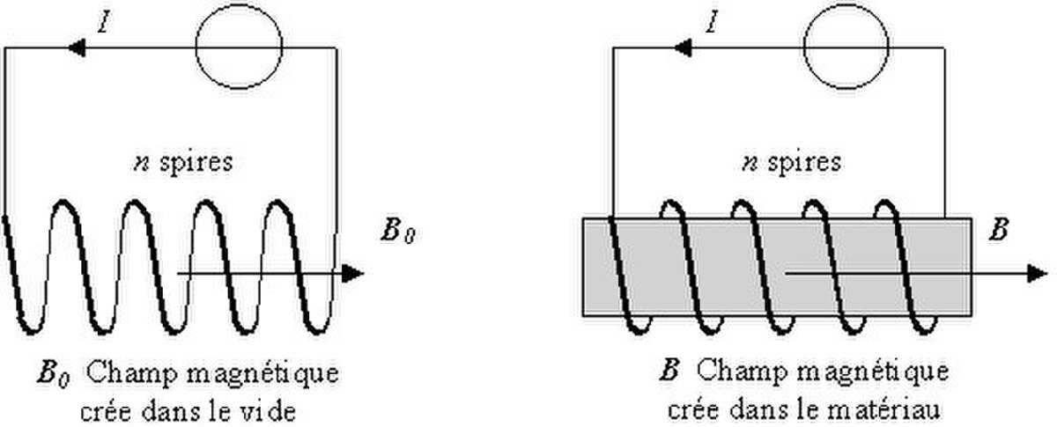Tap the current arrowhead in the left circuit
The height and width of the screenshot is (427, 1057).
click(x=77, y=48)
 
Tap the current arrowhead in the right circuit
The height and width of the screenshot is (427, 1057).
click(x=683, y=48)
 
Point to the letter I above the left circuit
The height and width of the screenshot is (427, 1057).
click(x=105, y=22)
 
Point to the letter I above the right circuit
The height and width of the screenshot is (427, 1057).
click(x=713, y=22)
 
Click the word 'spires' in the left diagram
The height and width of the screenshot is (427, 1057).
click(x=196, y=163)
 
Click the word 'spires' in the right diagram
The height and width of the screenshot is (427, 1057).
click(x=804, y=163)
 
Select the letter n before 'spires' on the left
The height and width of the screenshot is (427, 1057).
click(x=141, y=165)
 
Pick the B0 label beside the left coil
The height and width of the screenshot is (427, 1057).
click(x=398, y=232)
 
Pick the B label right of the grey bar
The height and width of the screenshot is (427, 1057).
click(x=999, y=231)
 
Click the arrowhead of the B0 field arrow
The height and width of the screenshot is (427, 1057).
click(x=352, y=274)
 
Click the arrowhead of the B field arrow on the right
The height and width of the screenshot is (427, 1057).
click(x=1038, y=274)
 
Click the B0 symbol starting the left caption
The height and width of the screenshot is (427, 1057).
click(x=54, y=375)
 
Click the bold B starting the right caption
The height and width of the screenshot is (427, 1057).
click(x=669, y=372)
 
